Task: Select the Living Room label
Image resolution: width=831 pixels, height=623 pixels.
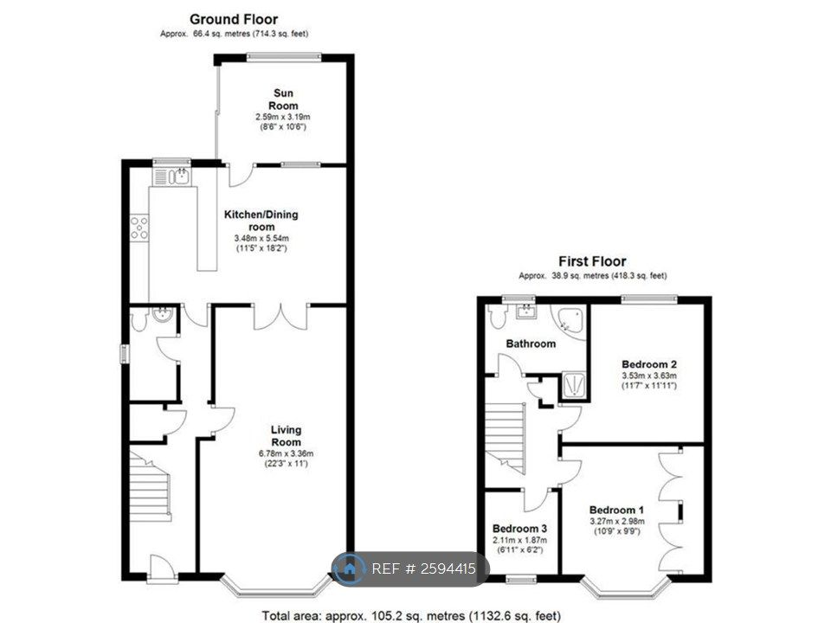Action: click(286, 436)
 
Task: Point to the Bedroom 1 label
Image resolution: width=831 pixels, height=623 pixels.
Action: click(616, 510)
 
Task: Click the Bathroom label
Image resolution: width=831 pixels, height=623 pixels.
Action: click(531, 344)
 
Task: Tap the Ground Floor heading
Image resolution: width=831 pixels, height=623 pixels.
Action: click(234, 19)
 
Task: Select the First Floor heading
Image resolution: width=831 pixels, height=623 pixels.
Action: click(592, 261)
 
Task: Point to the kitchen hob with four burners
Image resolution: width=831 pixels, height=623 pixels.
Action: click(138, 228)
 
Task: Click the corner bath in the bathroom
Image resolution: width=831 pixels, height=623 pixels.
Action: click(570, 321)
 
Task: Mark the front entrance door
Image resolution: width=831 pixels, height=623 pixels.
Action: click(159, 568)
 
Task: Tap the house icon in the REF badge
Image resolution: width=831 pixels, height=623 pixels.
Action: click(349, 569)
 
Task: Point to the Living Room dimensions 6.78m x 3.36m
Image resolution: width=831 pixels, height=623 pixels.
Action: click(286, 453)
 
